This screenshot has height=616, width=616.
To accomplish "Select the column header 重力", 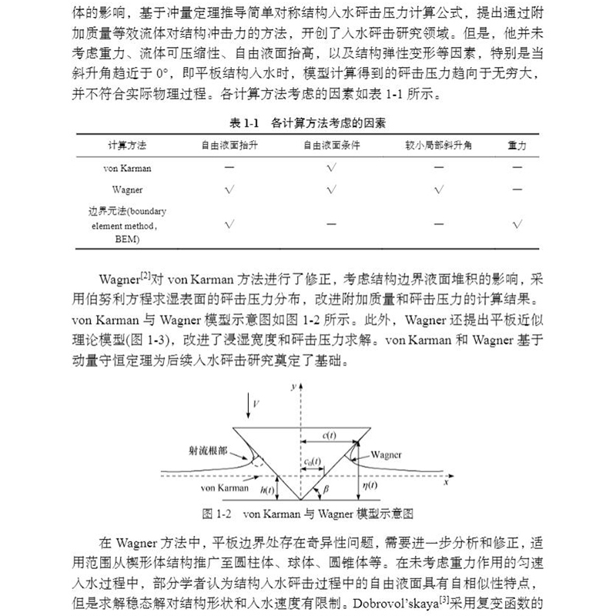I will [x=517, y=145].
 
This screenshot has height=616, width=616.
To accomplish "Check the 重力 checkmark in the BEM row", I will [x=517, y=224].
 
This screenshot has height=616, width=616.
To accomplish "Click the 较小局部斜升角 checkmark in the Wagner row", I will [x=437, y=189].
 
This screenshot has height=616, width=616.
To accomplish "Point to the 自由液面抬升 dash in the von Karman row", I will [x=229, y=167].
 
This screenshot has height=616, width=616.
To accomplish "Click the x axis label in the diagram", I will [x=447, y=486].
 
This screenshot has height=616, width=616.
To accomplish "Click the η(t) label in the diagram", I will [x=370, y=484].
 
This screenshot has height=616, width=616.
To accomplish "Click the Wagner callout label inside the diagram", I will [x=385, y=454].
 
